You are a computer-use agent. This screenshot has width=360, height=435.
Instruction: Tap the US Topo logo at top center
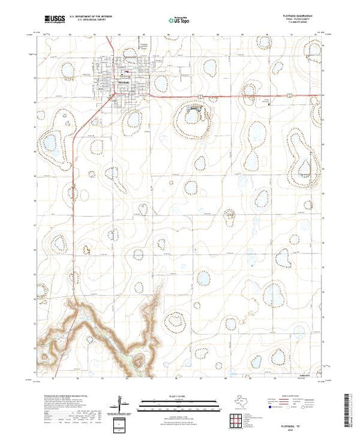pyautogui.click(x=180, y=21)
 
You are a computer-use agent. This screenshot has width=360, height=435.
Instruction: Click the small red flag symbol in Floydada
pyautogui.click(x=126, y=72)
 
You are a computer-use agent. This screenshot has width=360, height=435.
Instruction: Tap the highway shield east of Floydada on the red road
pyautogui.click(x=199, y=96)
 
